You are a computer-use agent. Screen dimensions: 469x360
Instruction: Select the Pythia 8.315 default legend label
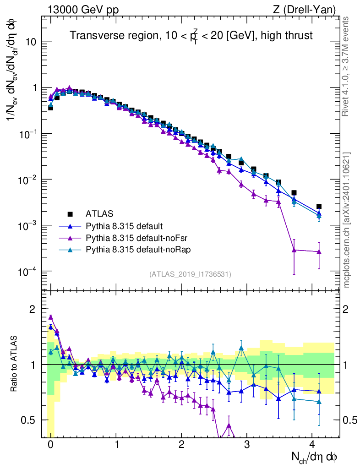coord(125,226)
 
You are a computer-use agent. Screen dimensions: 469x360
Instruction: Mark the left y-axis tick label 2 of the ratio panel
coord(32,309)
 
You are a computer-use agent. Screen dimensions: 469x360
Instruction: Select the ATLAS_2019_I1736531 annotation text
coord(190,274)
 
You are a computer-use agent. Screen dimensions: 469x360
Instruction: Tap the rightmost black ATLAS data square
coord(319,207)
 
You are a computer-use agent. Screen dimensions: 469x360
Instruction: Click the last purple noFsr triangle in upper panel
coord(319,251)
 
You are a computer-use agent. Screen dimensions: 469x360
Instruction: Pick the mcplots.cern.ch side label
coord(348,220)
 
